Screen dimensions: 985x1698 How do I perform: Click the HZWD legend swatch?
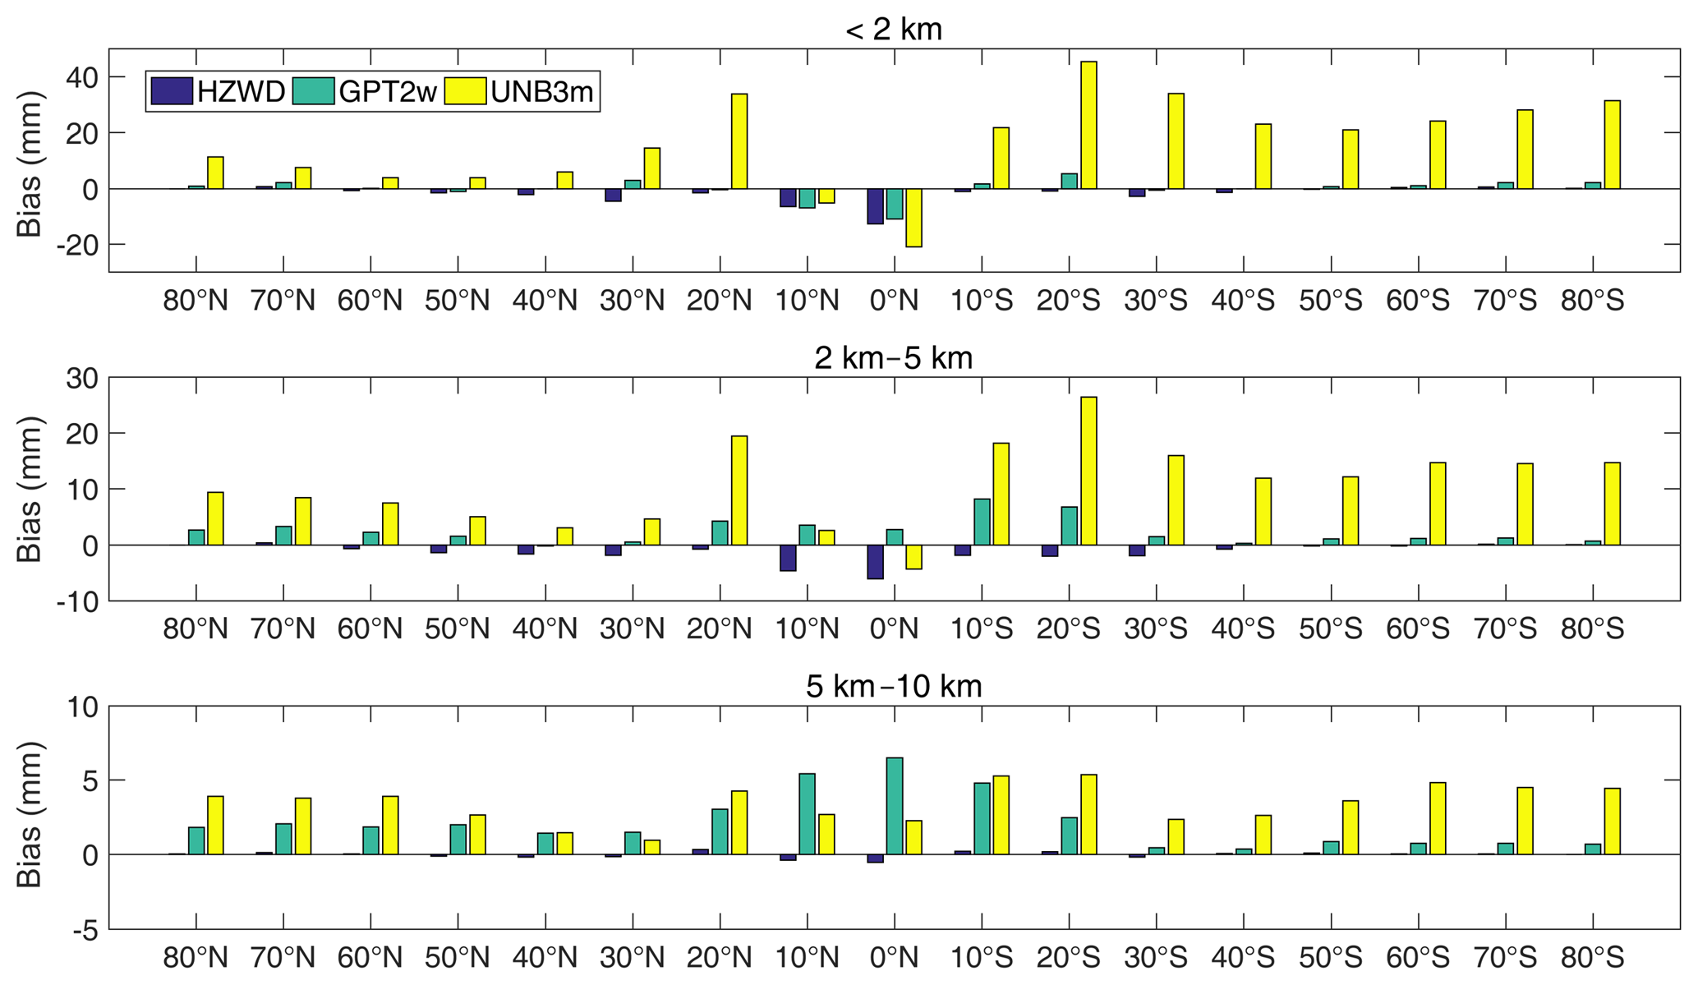[172, 91]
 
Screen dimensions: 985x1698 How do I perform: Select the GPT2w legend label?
[387, 91]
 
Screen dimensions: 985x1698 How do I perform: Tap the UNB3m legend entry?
[541, 91]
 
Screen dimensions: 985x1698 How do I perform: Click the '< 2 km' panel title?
[893, 30]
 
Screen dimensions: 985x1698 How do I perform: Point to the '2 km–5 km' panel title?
[893, 358]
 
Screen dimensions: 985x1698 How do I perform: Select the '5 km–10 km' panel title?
[893, 686]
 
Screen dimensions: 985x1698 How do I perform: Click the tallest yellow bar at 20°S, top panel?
[1088, 125]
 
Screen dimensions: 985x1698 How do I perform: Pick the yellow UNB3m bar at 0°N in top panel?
[913, 218]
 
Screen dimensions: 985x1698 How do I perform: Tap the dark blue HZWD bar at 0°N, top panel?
[875, 206]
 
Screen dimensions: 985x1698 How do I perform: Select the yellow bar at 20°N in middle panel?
[739, 490]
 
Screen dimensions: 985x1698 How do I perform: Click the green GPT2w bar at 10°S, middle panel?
[982, 522]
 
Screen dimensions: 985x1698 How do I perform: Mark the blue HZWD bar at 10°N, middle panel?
[788, 558]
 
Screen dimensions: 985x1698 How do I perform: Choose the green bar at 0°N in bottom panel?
[895, 806]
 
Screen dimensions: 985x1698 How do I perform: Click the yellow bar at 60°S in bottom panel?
[1438, 818]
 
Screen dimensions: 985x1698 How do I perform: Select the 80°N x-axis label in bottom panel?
[196, 958]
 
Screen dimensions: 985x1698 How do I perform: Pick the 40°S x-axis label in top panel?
[1243, 301]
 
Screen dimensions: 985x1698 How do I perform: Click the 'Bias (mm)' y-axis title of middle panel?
[30, 490]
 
